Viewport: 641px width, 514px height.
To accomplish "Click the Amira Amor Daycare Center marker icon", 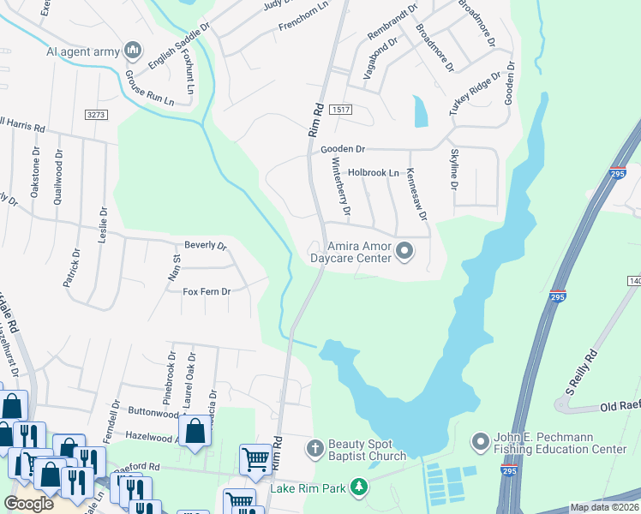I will coord(404,252).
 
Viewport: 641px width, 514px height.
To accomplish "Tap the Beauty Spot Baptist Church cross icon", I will coord(315,448).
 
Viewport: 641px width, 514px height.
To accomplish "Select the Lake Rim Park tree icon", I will coord(358,489).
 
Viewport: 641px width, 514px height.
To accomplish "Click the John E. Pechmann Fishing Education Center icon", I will coord(480,443).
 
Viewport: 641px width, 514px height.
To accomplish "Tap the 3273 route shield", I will coord(96,114).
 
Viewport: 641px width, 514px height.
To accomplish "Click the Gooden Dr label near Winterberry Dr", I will coord(343,149).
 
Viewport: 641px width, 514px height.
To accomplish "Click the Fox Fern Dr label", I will coord(207,291).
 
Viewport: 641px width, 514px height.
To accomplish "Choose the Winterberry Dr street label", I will coord(341,186).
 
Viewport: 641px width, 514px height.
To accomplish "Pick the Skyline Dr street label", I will coord(455,170).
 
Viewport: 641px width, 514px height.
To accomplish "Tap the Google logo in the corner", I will coord(28,504).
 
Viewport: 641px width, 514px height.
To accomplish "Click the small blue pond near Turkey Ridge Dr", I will coord(420,111).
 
